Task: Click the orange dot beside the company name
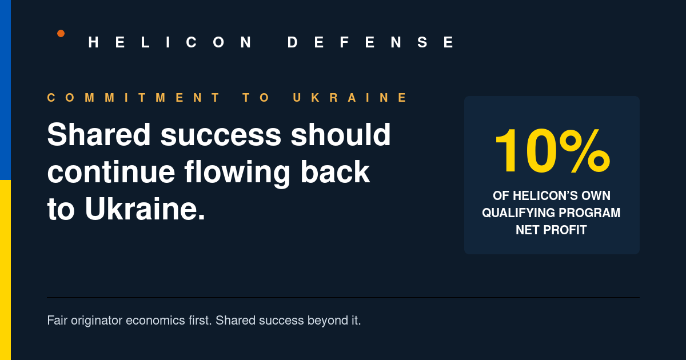coord(61,33)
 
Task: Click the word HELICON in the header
coord(170,42)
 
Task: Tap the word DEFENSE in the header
coord(371,42)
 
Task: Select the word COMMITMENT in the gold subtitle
coord(133,98)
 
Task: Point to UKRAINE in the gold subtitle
coord(350,98)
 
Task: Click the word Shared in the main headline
coord(99,134)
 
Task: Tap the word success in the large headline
coord(221,135)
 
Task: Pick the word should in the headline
coord(341,134)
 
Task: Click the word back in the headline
coord(335,171)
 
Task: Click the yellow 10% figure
coord(552,151)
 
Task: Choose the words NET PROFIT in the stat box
coord(551,230)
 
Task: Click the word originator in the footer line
coord(97,321)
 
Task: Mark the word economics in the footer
coord(155,321)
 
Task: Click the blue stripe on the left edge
coord(5,90)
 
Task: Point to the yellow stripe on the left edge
coord(5,270)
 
